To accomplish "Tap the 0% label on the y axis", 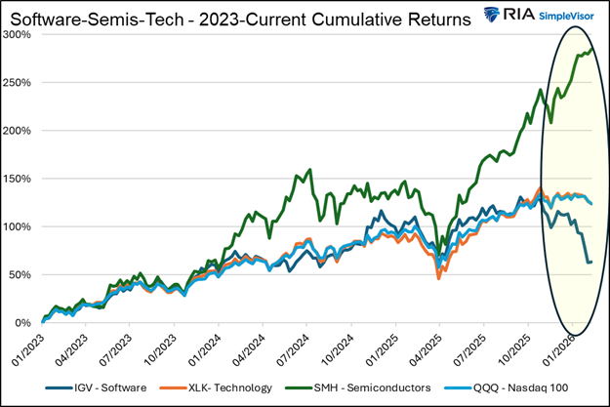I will [x=24, y=323].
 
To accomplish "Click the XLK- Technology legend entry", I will [x=231, y=387].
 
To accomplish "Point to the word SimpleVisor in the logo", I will [x=564, y=19].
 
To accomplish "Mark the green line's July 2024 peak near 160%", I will [x=310, y=170].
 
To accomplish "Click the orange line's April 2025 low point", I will [x=438, y=278].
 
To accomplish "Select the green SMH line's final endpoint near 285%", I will [x=592, y=49].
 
